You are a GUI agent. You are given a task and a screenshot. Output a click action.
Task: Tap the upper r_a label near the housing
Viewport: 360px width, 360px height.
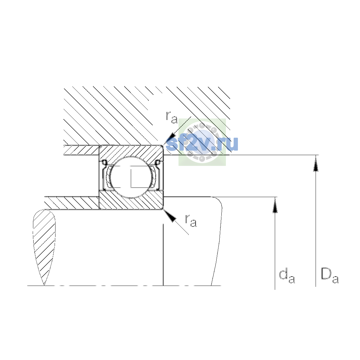(x=172, y=118)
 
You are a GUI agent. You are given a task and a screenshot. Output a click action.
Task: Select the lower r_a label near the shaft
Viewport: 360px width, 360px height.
(x=191, y=221)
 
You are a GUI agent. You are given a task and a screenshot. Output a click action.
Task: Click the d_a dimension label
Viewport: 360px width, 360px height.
(x=287, y=277)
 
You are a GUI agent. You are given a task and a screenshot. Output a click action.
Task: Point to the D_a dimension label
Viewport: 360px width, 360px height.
(x=330, y=276)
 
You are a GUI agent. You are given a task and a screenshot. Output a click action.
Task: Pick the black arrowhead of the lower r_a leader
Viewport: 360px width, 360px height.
(x=170, y=216)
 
